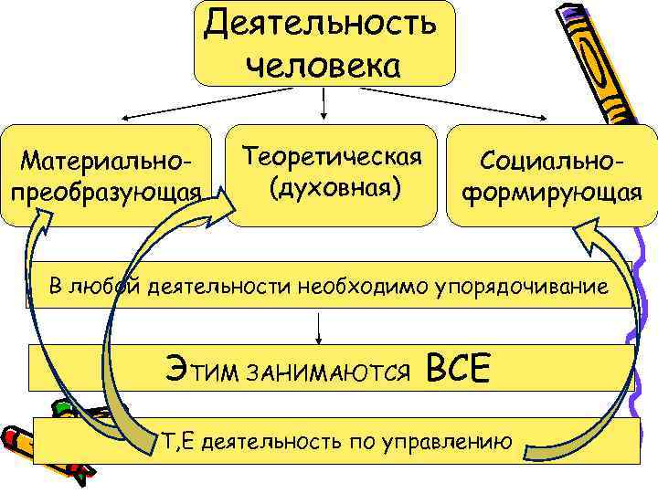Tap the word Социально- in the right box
[551, 161]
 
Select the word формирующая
[550, 193]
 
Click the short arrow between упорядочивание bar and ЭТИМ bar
[320, 326]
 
